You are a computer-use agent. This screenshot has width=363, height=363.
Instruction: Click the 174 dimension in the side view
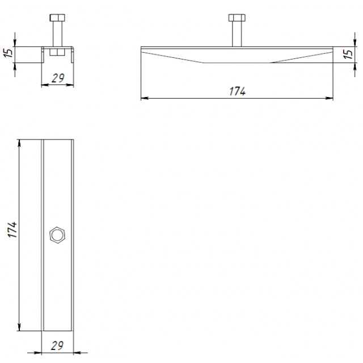tap(237, 91)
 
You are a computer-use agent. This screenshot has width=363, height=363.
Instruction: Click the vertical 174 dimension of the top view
tap(12, 229)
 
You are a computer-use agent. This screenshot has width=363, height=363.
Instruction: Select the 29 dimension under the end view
tap(58, 78)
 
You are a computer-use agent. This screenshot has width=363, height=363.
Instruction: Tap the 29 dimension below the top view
tap(57, 345)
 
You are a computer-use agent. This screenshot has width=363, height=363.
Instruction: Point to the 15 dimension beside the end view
tap(9, 53)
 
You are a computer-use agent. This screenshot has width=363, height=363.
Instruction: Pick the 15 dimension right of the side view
tap(348, 54)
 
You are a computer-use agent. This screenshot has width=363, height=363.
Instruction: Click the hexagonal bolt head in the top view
tap(57, 235)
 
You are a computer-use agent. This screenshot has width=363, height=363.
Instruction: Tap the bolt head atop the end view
tap(57, 18)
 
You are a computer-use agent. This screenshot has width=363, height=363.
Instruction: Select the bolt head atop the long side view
tap(237, 18)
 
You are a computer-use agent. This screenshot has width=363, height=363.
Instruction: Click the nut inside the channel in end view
tap(57, 52)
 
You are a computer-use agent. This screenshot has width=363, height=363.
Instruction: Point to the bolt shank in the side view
tap(237, 34)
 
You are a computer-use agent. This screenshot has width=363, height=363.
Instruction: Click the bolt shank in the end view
tap(57, 34)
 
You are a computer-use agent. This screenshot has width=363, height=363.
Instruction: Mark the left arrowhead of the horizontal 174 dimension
tap(145, 98)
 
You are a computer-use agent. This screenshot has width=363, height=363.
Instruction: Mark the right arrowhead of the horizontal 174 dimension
tap(329, 98)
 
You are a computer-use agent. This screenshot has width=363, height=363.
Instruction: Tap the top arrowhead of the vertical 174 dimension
tap(19, 143)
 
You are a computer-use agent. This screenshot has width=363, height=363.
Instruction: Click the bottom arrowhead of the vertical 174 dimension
tap(19, 327)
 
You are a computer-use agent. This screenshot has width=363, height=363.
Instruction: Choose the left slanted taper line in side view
tap(172, 57)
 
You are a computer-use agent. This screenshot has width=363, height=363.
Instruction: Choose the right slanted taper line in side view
tap(302, 57)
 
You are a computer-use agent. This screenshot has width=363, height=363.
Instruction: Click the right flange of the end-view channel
tap(73, 54)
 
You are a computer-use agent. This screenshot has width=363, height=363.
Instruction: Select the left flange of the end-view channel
tap(43, 54)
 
